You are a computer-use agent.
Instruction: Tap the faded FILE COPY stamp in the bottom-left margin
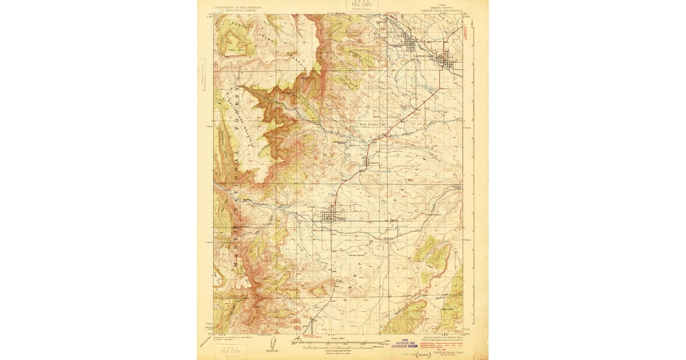coord(232,351)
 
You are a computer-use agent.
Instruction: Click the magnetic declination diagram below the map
coord(270,343)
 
